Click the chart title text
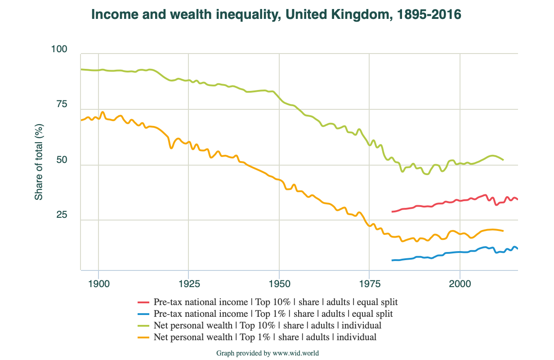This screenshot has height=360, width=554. [x=276, y=15]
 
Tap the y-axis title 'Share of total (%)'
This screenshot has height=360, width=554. [x=39, y=162]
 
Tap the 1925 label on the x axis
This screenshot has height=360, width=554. [x=189, y=284]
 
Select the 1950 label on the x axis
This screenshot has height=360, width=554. [x=279, y=284]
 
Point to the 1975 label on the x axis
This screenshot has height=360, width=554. [x=370, y=284]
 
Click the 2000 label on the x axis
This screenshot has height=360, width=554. [x=460, y=284]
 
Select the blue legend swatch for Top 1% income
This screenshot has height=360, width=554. [x=143, y=314]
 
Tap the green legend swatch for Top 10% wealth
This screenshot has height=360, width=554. [x=143, y=325]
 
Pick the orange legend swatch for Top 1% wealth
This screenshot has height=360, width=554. [x=143, y=337]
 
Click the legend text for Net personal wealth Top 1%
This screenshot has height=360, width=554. [x=265, y=337]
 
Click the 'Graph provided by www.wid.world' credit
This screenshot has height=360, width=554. [x=267, y=353]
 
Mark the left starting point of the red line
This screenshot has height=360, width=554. [x=392, y=211]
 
